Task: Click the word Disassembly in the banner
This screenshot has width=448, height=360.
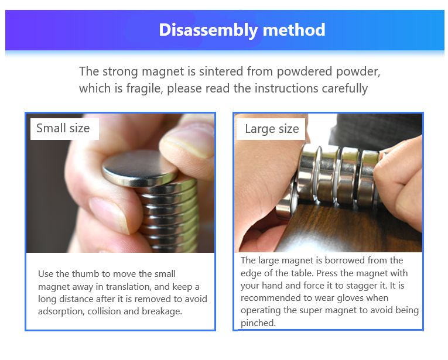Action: tap(208, 30)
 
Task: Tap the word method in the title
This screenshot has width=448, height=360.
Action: tap(294, 30)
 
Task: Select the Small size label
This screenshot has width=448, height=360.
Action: tap(63, 128)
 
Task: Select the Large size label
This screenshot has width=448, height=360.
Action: tap(272, 129)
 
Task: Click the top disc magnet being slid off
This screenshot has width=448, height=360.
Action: tap(140, 169)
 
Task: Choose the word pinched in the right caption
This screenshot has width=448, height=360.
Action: tap(258, 323)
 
